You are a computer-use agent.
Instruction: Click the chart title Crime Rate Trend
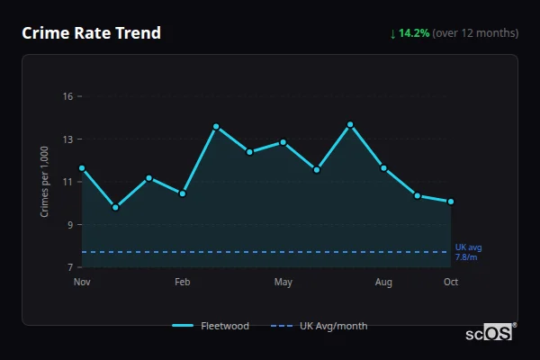pyautogui.click(x=91, y=33)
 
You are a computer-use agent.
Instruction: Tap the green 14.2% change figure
pyautogui.click(x=414, y=33)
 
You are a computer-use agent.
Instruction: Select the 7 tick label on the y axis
pyautogui.click(x=68, y=267)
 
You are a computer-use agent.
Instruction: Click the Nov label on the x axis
pyautogui.click(x=82, y=283)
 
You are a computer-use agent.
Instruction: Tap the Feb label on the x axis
pyautogui.click(x=183, y=283)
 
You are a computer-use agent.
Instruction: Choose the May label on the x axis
pyautogui.click(x=283, y=283)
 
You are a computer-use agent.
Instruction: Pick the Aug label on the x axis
pyautogui.click(x=383, y=283)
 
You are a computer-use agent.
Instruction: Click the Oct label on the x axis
pyautogui.click(x=451, y=283)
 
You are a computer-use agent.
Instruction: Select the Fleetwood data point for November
pyautogui.click(x=82, y=168)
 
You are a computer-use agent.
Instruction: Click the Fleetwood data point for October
pyautogui.click(x=451, y=202)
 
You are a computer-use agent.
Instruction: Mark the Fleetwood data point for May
pyautogui.click(x=283, y=142)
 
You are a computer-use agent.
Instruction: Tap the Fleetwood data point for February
pyautogui.click(x=183, y=193)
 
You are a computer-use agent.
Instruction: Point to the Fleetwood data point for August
pyautogui.click(x=383, y=168)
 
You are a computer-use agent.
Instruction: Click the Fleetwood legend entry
pyautogui.click(x=211, y=326)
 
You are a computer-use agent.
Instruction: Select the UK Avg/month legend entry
pyautogui.click(x=320, y=326)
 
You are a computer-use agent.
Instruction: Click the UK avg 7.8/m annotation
pyautogui.click(x=468, y=252)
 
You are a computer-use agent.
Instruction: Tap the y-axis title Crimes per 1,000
pyautogui.click(x=44, y=182)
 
